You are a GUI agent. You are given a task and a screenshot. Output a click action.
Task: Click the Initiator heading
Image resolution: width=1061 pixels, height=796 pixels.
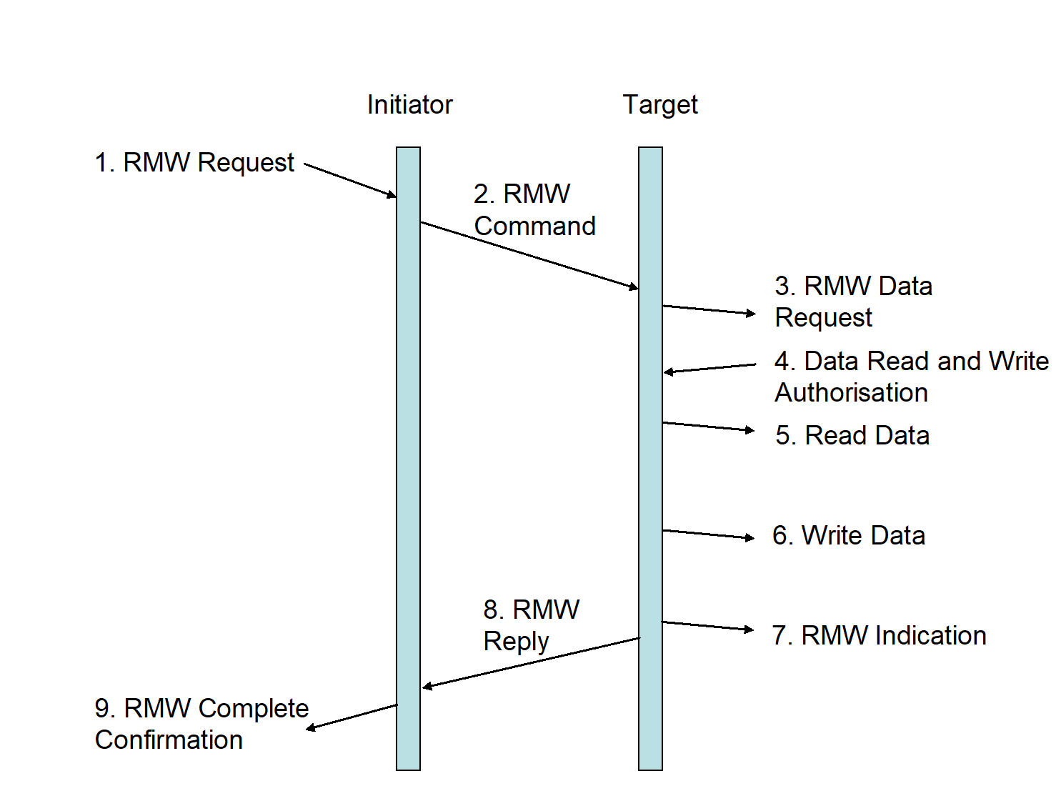point(409,105)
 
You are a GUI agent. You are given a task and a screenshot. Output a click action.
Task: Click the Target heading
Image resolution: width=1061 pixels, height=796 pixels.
point(659,105)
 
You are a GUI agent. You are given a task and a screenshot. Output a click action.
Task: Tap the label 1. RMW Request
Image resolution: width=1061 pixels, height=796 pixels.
point(194,163)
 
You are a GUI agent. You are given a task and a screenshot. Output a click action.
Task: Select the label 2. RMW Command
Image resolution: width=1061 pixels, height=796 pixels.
point(534,210)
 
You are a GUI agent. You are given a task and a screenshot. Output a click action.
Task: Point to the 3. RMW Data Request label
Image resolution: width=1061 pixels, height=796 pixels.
point(853,302)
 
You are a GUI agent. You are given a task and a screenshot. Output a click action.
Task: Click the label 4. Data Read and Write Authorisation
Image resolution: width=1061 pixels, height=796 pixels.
point(911,377)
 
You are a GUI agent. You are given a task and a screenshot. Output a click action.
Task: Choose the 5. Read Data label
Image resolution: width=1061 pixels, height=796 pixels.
point(852,435)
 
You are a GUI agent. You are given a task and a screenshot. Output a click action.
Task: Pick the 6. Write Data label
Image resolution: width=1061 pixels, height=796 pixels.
point(849,535)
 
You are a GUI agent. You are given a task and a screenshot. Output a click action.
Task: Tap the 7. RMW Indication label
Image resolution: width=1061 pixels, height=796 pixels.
point(879,635)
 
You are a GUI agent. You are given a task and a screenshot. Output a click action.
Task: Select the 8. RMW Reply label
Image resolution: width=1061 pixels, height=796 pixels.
point(531,625)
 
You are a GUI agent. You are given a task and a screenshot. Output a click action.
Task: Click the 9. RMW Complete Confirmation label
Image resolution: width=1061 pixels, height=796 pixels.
point(201,724)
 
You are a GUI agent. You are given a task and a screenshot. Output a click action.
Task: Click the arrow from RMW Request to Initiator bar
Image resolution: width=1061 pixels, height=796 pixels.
point(350,180)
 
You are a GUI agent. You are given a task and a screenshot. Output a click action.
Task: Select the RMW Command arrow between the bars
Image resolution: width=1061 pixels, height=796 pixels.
point(529,255)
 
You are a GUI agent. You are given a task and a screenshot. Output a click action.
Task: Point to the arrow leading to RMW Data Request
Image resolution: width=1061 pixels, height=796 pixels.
point(709,309)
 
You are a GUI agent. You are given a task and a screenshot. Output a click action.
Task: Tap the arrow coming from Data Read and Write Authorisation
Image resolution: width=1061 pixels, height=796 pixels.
point(709,368)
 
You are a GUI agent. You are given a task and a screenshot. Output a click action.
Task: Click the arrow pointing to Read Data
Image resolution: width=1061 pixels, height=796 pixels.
point(708,427)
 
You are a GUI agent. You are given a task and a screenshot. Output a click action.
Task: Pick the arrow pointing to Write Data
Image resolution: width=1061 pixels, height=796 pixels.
point(708,534)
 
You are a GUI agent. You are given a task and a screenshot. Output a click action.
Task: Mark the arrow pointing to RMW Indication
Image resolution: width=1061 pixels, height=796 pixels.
point(707,626)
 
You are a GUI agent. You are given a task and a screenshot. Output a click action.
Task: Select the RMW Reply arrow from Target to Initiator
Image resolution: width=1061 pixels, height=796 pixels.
point(531,662)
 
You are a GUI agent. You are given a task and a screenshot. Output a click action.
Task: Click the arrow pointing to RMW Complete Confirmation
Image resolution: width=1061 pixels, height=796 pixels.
point(352,717)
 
